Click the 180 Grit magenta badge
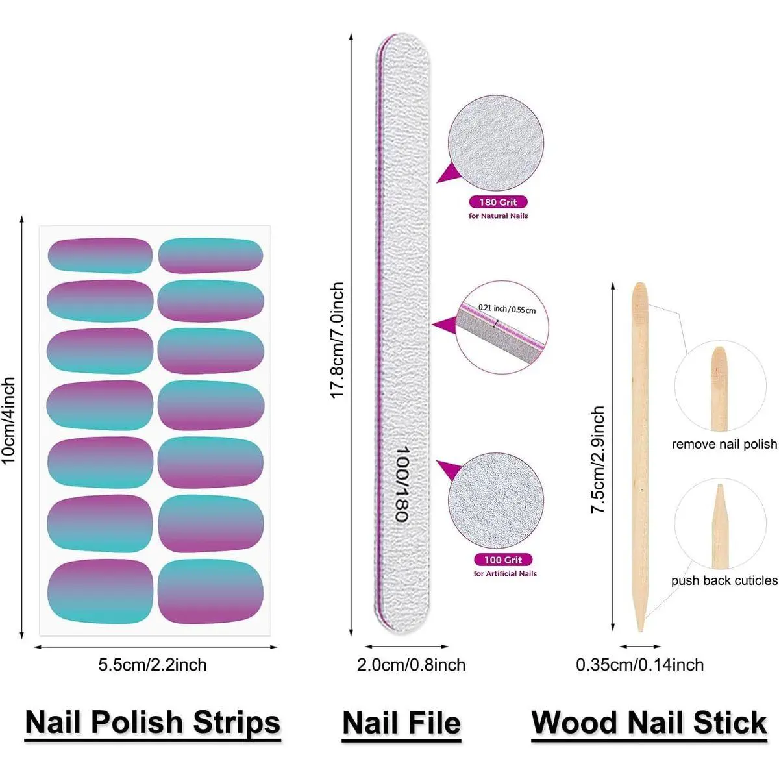[498, 203]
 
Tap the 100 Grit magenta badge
[502, 560]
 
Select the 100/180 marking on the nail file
[402, 484]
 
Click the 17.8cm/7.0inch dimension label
[338, 341]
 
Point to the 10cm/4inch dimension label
[8, 421]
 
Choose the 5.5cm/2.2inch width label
[153, 665]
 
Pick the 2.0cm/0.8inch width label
[411, 665]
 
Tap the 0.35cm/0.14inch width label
[639, 665]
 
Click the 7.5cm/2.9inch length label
[598, 460]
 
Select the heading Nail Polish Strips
[153, 723]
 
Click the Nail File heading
[401, 723]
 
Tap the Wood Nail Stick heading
[649, 723]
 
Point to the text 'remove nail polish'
[724, 445]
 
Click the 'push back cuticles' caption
[724, 581]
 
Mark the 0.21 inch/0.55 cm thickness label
[507, 309]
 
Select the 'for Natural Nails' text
[498, 216]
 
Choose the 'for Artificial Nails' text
[505, 574]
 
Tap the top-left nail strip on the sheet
[100, 255]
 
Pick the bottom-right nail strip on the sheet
[210, 591]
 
